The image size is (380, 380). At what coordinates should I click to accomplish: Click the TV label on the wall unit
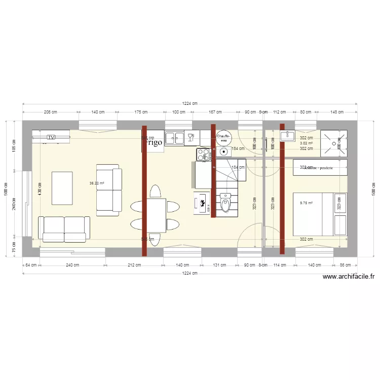(51, 137)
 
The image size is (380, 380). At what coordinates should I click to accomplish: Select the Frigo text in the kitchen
(152, 142)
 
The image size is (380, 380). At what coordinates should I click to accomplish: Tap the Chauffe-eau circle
(223, 139)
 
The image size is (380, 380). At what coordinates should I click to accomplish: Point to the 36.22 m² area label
(97, 183)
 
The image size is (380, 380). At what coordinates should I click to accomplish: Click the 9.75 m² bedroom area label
(307, 203)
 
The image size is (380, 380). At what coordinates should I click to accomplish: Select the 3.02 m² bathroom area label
(306, 143)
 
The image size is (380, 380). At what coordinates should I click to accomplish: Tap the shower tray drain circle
(334, 143)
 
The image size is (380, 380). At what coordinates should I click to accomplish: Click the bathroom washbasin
(287, 135)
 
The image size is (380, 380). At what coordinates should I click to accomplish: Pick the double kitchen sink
(175, 137)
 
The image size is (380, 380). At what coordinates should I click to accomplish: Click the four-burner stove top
(204, 154)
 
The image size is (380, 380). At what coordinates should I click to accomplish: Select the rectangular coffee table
(62, 188)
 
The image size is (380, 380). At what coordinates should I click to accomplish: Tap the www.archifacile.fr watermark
(348, 277)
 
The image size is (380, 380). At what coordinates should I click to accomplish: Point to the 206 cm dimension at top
(50, 112)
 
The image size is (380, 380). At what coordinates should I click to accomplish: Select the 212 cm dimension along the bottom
(134, 265)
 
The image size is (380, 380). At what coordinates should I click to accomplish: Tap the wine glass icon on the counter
(191, 137)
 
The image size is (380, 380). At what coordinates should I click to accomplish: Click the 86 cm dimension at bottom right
(346, 265)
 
